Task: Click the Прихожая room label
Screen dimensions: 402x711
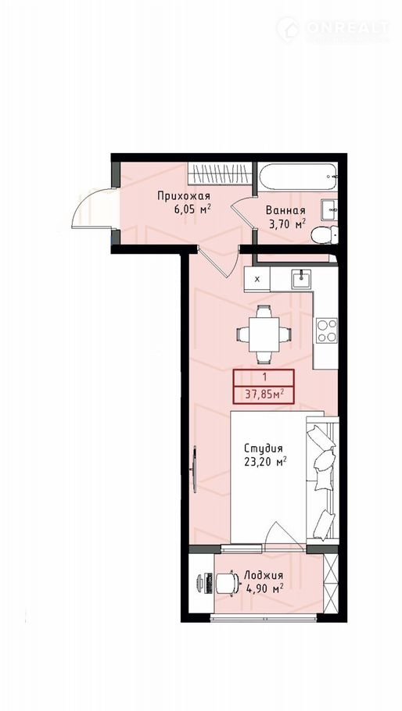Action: tap(184, 196)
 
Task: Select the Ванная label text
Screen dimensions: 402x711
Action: tap(285, 210)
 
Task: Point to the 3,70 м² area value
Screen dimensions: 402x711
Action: tap(285, 223)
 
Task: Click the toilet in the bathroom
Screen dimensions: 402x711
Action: tap(325, 234)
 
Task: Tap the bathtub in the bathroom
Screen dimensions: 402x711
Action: tap(298, 176)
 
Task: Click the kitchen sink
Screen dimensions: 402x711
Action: tap(301, 279)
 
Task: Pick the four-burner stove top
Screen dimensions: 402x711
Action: tap(327, 330)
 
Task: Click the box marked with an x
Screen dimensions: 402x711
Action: tap(257, 279)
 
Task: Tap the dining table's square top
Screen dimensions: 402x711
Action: tap(264, 334)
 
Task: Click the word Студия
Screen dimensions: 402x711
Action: tap(264, 448)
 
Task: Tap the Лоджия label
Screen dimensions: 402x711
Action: tap(264, 575)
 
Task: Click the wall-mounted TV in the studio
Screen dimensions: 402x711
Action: tap(195, 469)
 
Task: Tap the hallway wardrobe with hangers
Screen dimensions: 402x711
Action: tap(219, 173)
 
